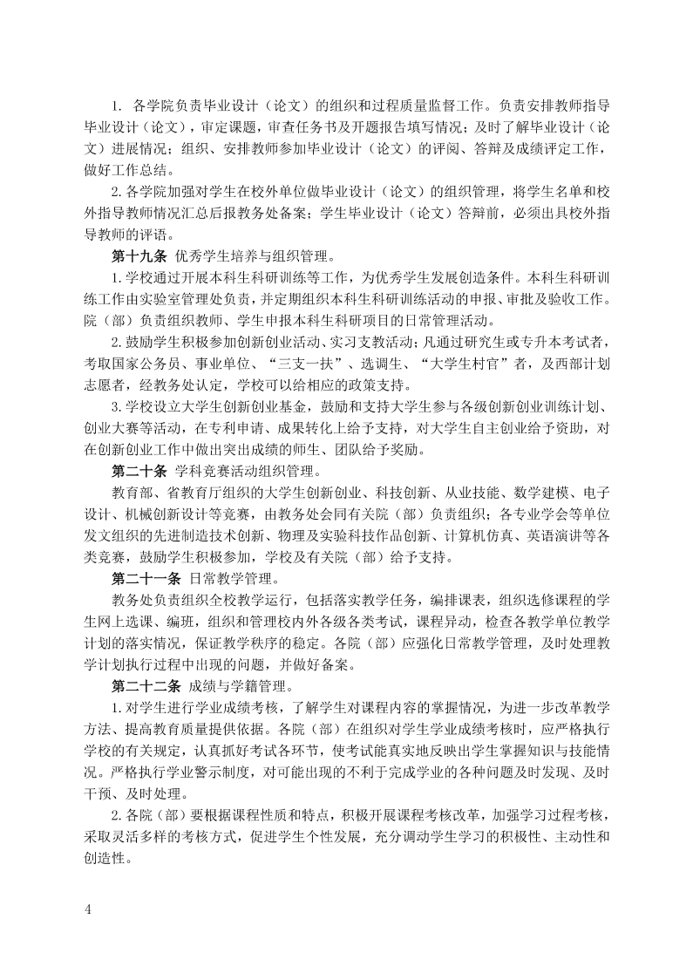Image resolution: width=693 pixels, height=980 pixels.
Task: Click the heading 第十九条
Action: [139, 255]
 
